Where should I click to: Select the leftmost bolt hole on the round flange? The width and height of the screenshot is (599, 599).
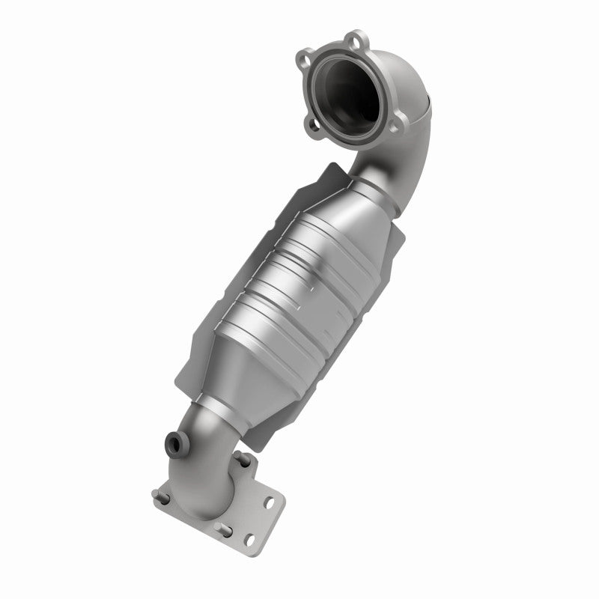click(x=303, y=58)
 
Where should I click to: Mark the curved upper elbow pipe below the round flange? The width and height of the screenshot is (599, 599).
click(x=404, y=165)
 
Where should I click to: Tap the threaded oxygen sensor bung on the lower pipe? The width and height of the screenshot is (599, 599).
click(x=174, y=444)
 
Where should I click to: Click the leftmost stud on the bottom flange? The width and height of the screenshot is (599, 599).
click(x=159, y=496)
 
